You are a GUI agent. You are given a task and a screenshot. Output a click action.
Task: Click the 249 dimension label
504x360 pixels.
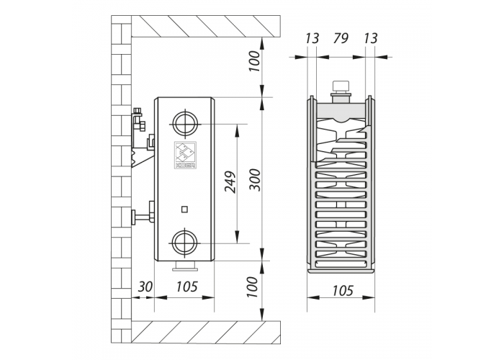pyautogui.click(x=230, y=182)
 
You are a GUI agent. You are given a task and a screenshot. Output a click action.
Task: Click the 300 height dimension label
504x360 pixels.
pyautogui.click(x=256, y=180)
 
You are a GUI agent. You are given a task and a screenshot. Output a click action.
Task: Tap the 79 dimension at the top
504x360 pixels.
pyautogui.click(x=341, y=38)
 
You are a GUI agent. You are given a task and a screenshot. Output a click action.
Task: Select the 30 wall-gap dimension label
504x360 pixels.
pyautogui.click(x=145, y=287)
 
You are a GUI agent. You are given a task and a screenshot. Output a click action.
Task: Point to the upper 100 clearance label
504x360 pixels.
pyautogui.click(x=254, y=61)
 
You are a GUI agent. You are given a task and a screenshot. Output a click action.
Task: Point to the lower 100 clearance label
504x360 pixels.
pyautogui.click(x=253, y=287)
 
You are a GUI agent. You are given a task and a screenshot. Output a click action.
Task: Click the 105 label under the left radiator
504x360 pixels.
pyautogui.click(x=186, y=287)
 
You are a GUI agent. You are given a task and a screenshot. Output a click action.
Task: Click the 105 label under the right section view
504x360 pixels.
pyautogui.click(x=343, y=291)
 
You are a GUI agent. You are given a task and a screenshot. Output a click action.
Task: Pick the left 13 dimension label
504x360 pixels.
pyautogui.click(x=312, y=39)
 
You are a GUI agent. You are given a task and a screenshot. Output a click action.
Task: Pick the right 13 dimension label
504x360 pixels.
pyautogui.click(x=370, y=39)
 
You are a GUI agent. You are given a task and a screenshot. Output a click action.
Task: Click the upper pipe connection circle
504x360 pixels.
pyautogui.click(x=185, y=124)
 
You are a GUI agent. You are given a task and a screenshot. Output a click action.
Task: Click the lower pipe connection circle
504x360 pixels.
pyautogui.click(x=185, y=243)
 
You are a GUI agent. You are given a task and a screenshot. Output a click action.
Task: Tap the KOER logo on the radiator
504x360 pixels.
pyautogui.click(x=186, y=155)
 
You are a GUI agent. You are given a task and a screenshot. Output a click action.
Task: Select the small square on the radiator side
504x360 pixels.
pyautogui.click(x=184, y=210)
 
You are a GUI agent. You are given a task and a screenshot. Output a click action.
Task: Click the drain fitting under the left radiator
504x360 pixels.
pyautogui.click(x=185, y=266)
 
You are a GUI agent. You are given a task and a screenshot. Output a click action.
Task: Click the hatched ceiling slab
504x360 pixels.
pyautogui.click(x=206, y=27)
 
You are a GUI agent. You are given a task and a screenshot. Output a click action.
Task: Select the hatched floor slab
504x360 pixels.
pyautogui.click(x=206, y=333)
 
